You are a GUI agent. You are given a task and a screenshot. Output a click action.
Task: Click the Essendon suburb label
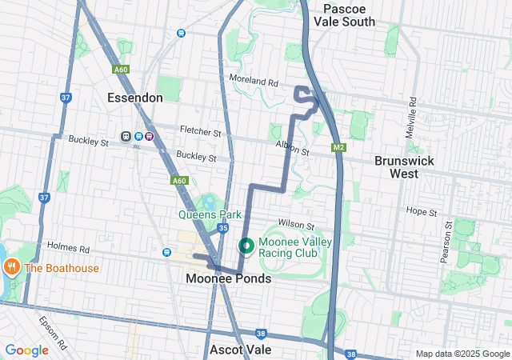(x=135, y=98)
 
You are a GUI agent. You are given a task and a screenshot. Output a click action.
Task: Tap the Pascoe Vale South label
(x=349, y=14)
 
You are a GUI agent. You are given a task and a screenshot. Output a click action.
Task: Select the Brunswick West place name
(x=404, y=166)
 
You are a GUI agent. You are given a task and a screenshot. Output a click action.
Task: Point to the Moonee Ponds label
(x=228, y=278)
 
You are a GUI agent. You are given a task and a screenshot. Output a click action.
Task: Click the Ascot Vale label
(x=240, y=350)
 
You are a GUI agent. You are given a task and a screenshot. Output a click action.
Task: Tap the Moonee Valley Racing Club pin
(x=245, y=245)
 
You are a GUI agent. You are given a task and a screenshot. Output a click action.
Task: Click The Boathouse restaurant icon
(x=11, y=267)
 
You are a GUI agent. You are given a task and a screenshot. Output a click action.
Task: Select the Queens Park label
(x=209, y=214)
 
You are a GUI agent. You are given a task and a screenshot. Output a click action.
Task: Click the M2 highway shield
(x=338, y=147)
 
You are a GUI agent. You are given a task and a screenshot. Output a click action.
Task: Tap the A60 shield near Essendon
(x=121, y=70)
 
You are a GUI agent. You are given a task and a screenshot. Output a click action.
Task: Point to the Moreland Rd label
(x=253, y=82)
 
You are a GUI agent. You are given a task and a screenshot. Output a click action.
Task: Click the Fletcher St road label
(x=200, y=131)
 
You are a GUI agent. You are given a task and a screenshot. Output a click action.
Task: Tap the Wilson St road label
(x=296, y=225)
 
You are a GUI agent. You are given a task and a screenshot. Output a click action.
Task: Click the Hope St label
(x=421, y=213)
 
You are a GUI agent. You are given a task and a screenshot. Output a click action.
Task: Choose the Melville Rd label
(x=412, y=118)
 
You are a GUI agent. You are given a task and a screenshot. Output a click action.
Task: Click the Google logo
(x=26, y=350)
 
